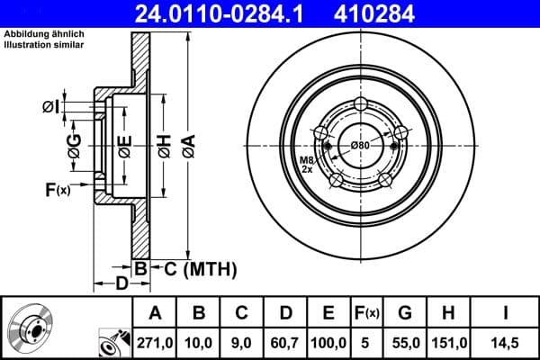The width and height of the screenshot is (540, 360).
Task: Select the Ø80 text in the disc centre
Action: pyautogui.click(x=360, y=146)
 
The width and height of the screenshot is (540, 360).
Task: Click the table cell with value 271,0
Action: pyautogui.click(x=154, y=342)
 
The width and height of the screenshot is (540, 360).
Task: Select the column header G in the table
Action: pyautogui.click(x=404, y=313)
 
